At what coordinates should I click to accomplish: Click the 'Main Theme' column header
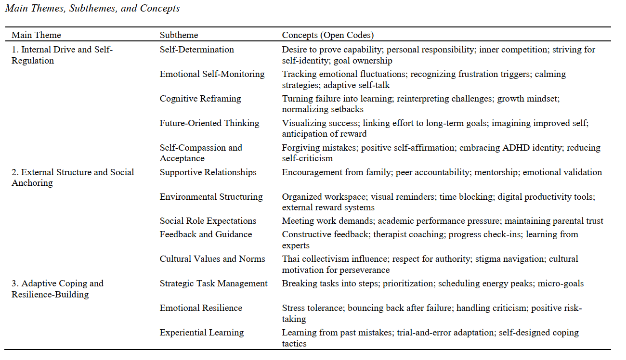[x=36, y=35]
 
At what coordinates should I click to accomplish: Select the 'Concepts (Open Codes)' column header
[x=327, y=35]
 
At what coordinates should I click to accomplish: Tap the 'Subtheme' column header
[x=179, y=35]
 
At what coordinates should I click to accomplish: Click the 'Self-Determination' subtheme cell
[x=197, y=50]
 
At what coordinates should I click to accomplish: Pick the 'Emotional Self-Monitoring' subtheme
[x=212, y=74]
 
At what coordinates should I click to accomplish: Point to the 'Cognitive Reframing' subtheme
[x=200, y=99]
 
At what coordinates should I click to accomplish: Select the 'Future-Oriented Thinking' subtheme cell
[x=209, y=123]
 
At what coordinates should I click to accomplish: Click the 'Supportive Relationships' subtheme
[x=208, y=172]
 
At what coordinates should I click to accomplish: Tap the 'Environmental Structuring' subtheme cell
[x=211, y=197]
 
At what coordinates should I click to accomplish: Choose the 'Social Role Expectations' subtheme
[x=208, y=221]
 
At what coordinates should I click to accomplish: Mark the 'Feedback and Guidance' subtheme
[x=206, y=234]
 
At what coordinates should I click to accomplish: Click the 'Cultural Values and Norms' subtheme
[x=212, y=259]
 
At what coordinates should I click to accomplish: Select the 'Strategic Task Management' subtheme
[x=214, y=283]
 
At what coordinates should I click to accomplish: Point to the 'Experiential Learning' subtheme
[x=202, y=333]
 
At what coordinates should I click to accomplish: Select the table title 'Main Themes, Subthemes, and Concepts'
[x=92, y=8]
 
